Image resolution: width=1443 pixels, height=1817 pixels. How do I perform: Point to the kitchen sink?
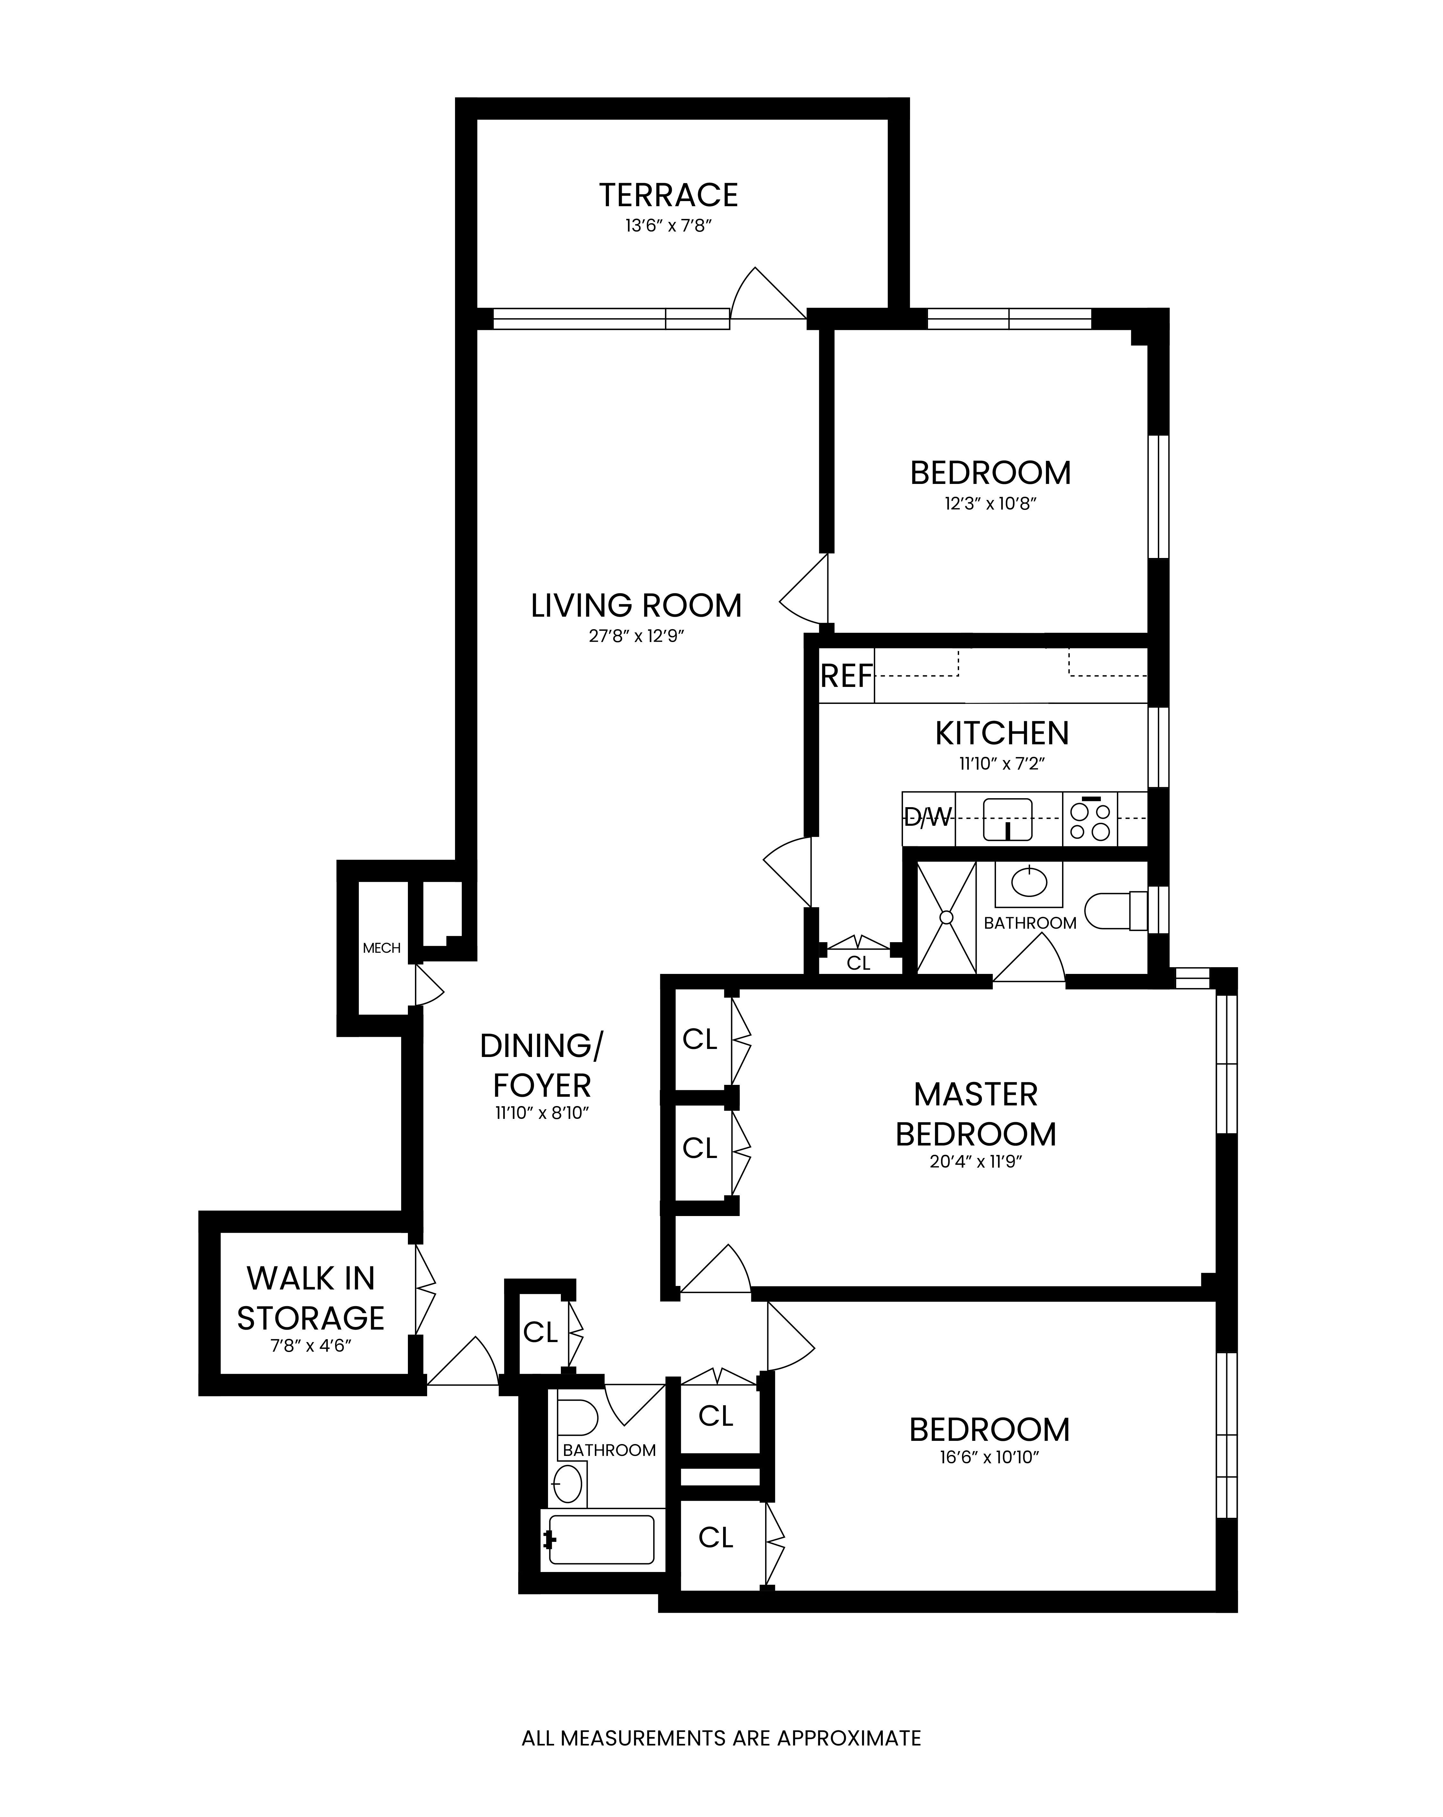click(x=1007, y=819)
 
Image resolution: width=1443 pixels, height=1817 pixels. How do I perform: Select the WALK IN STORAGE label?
click(x=310, y=1298)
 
